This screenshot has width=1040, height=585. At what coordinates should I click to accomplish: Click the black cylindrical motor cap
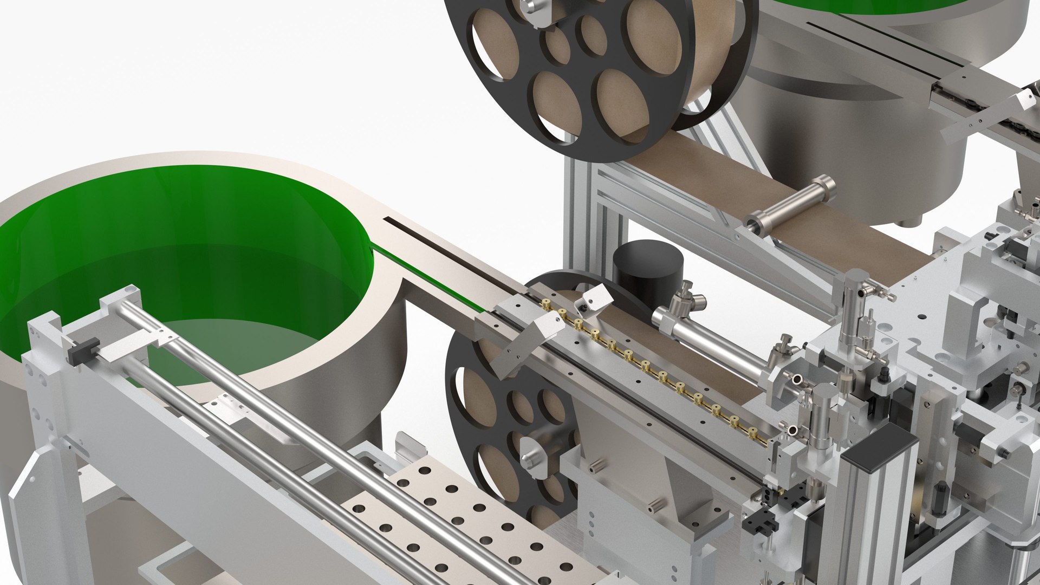tap(648, 271)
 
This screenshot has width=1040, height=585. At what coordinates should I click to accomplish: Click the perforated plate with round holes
tap(460, 520)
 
